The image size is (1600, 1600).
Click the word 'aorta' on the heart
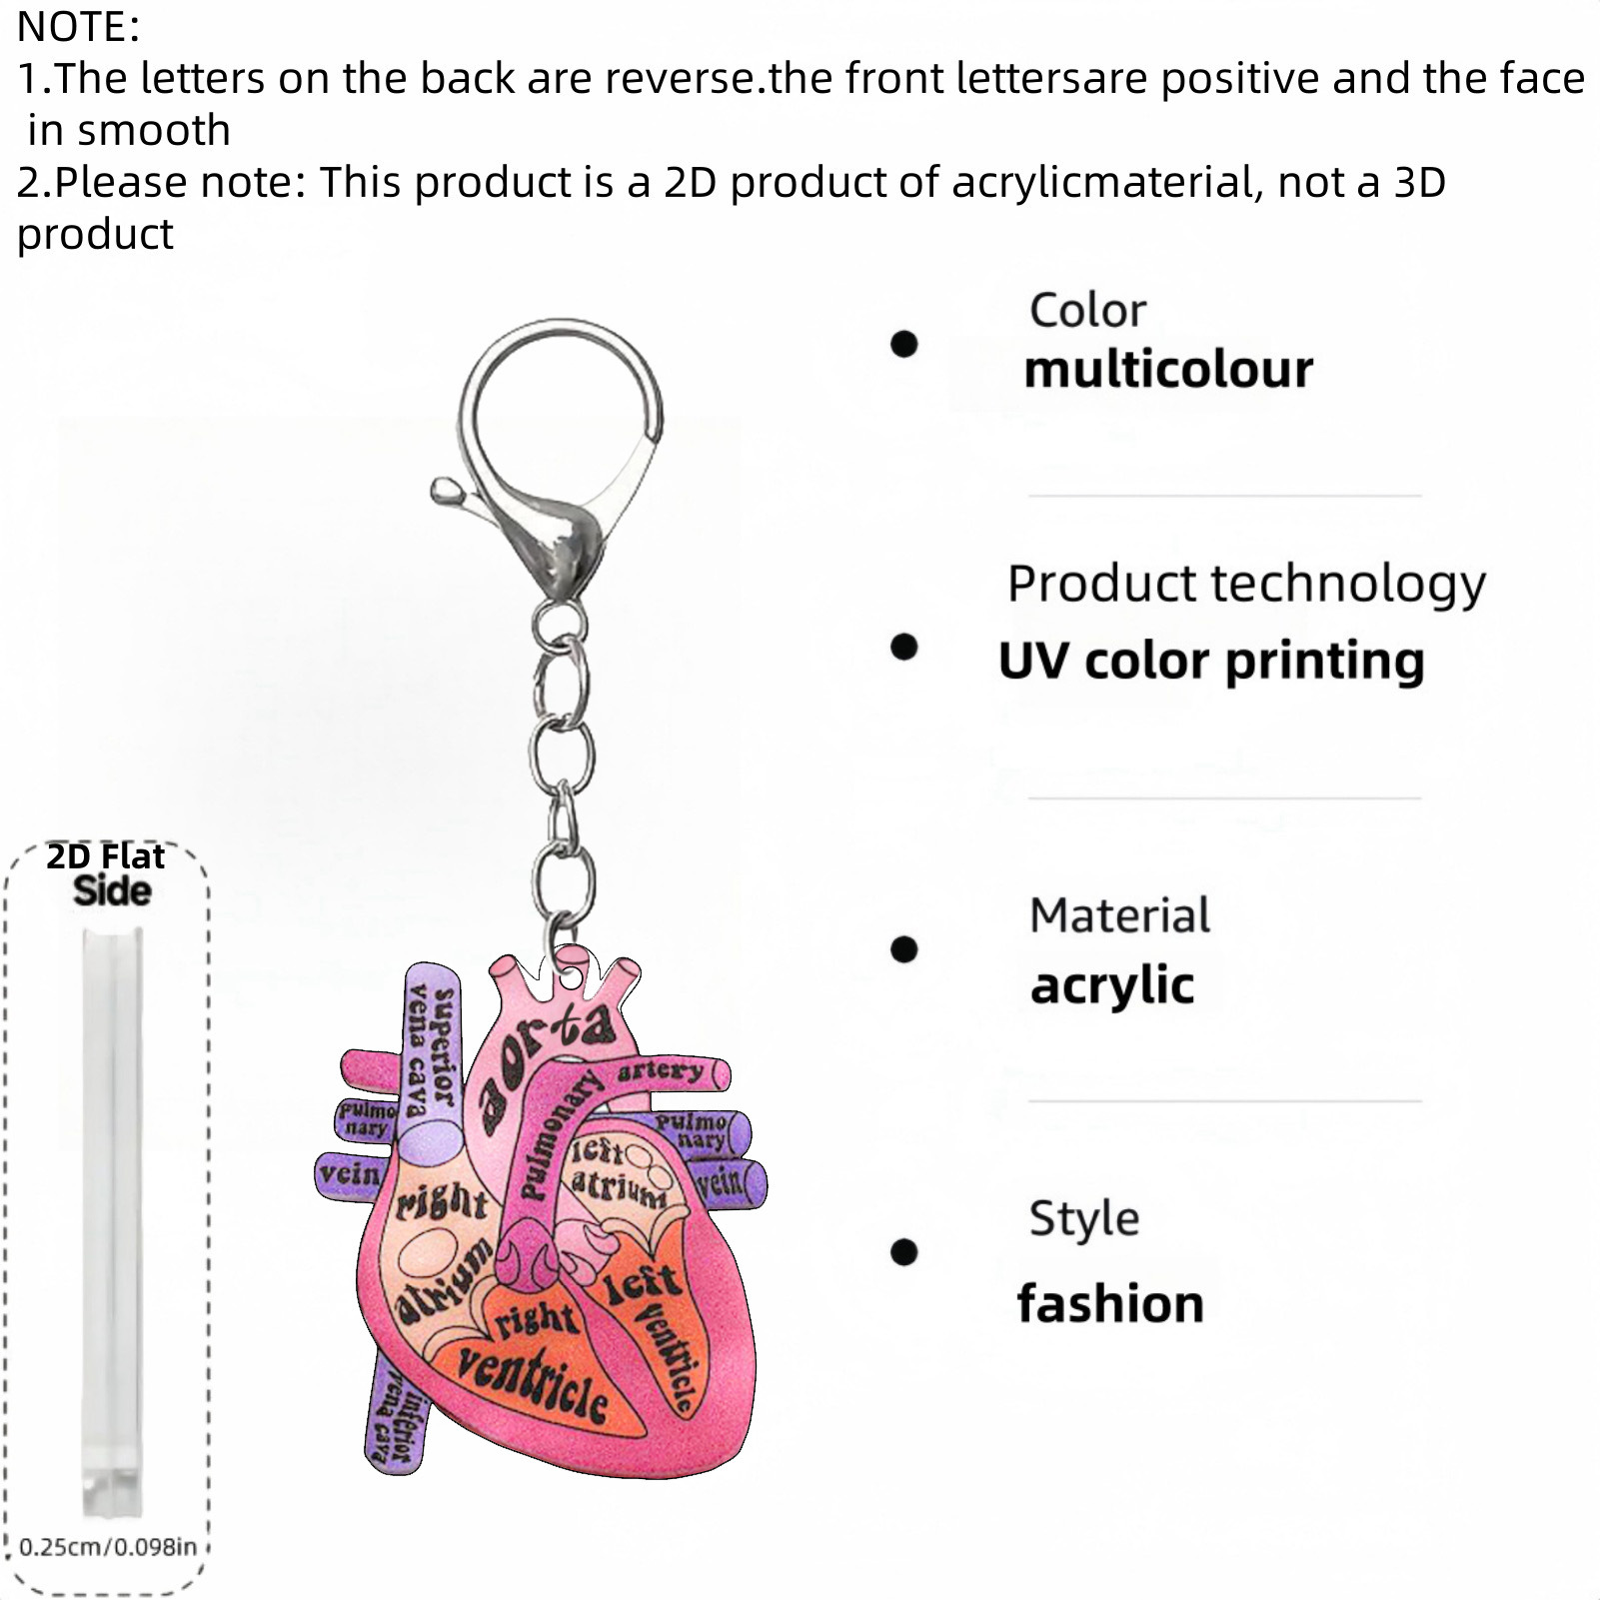tap(545, 1064)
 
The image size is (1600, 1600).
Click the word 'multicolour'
tap(1168, 370)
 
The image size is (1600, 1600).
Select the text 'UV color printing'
tap(1211, 661)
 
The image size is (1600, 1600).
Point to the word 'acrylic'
tap(1112, 986)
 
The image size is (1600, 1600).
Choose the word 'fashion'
tap(1110, 1304)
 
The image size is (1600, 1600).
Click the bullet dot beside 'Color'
tap(903, 344)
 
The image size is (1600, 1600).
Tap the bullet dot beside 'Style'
tap(903, 1251)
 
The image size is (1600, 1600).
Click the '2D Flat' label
tap(106, 856)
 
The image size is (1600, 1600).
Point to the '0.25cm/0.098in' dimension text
tap(108, 1547)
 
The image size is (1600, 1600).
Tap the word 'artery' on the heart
tap(660, 1071)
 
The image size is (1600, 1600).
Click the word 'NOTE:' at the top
tap(78, 27)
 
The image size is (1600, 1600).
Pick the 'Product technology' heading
tap(1245, 584)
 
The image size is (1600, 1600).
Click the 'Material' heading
tap(1119, 915)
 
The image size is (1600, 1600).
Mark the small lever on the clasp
tap(450, 491)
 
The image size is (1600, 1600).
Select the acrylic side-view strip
tap(112, 1219)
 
